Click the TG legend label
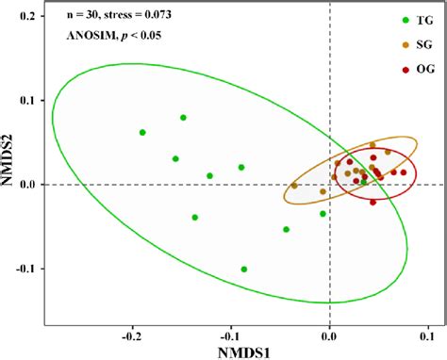click(412, 22)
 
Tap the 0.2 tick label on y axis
click(35, 17)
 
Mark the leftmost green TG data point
click(142, 133)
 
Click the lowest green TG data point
click(244, 270)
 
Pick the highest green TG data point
click(183, 118)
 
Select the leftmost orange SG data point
click(294, 186)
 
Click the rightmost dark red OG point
click(403, 172)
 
